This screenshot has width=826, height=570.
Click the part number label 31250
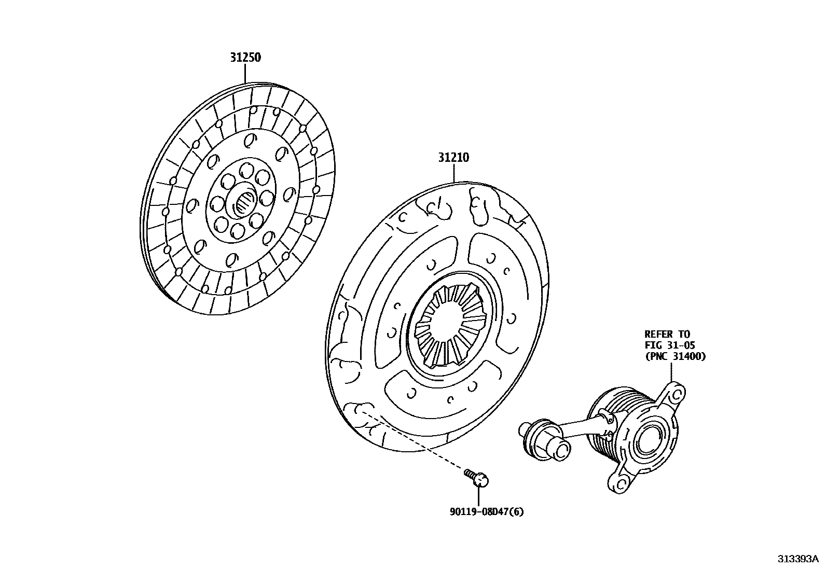(245, 57)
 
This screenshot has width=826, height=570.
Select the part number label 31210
(453, 157)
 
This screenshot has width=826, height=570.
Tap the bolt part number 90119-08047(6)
(487, 512)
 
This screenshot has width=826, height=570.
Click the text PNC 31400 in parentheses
(675, 356)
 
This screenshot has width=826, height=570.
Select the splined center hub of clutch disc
(245, 204)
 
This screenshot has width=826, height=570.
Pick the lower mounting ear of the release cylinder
(619, 481)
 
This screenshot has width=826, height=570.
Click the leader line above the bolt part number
(478, 496)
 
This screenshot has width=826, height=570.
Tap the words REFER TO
(667, 335)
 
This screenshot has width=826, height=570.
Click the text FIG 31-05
(669, 345)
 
